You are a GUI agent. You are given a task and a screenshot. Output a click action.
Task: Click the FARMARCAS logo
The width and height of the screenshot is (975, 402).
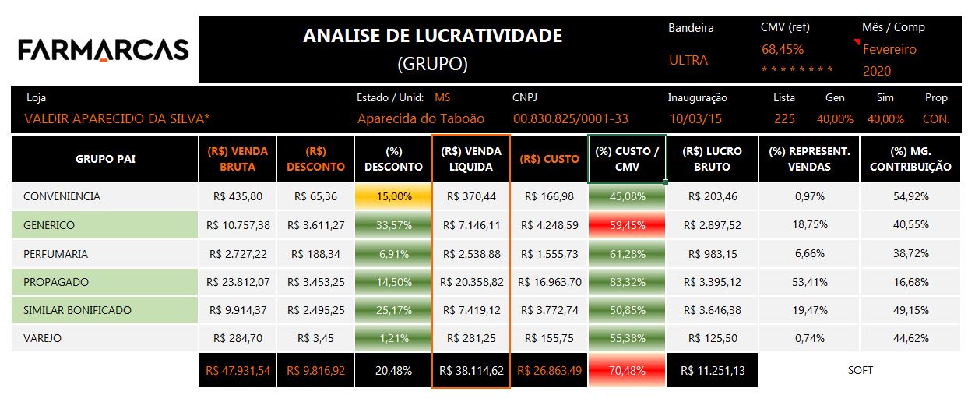pos(104,50)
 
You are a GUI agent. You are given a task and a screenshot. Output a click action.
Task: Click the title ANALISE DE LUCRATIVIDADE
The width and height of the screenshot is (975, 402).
pos(432,36)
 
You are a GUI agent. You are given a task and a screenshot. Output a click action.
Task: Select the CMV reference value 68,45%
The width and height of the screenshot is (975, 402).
pos(783,49)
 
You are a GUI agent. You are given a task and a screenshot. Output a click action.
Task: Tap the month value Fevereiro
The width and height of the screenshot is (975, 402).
pos(889,49)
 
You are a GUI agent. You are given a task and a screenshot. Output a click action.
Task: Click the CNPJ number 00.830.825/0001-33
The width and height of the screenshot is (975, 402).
pos(570,119)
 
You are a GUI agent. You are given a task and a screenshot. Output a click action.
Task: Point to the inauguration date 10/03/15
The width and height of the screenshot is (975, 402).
pos(695,119)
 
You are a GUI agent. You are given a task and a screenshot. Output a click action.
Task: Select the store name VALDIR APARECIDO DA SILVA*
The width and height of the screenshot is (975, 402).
pos(117,119)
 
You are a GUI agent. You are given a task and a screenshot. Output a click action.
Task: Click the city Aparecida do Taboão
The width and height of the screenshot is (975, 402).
pos(421,119)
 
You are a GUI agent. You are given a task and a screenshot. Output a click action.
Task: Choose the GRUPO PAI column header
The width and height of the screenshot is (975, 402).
pos(105,159)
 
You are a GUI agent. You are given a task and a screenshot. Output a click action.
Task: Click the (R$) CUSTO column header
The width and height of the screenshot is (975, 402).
pos(549,159)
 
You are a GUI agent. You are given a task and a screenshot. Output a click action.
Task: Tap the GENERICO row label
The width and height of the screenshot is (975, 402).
pos(49,225)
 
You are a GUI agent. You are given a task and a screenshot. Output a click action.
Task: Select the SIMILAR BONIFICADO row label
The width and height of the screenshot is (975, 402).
pos(78,310)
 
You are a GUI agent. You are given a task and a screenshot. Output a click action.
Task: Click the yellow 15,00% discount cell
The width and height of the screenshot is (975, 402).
pos(393,196)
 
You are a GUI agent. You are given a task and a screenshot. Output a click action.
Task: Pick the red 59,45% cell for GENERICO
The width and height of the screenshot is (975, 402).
pos(627,225)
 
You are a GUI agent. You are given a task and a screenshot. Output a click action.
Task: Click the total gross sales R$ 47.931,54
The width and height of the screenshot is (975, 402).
pos(238,371)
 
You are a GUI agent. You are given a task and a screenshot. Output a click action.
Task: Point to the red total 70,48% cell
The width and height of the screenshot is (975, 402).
pos(627,371)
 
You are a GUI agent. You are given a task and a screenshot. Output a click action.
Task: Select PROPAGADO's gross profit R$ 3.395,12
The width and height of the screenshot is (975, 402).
pos(712,282)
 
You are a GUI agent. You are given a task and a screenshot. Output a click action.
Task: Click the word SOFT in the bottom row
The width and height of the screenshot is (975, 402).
pos(861,371)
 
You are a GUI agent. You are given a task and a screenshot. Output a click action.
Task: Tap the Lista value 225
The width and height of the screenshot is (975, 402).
pos(784,119)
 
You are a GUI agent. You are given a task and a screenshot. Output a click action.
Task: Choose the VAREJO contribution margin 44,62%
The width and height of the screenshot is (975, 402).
pos(910,338)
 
